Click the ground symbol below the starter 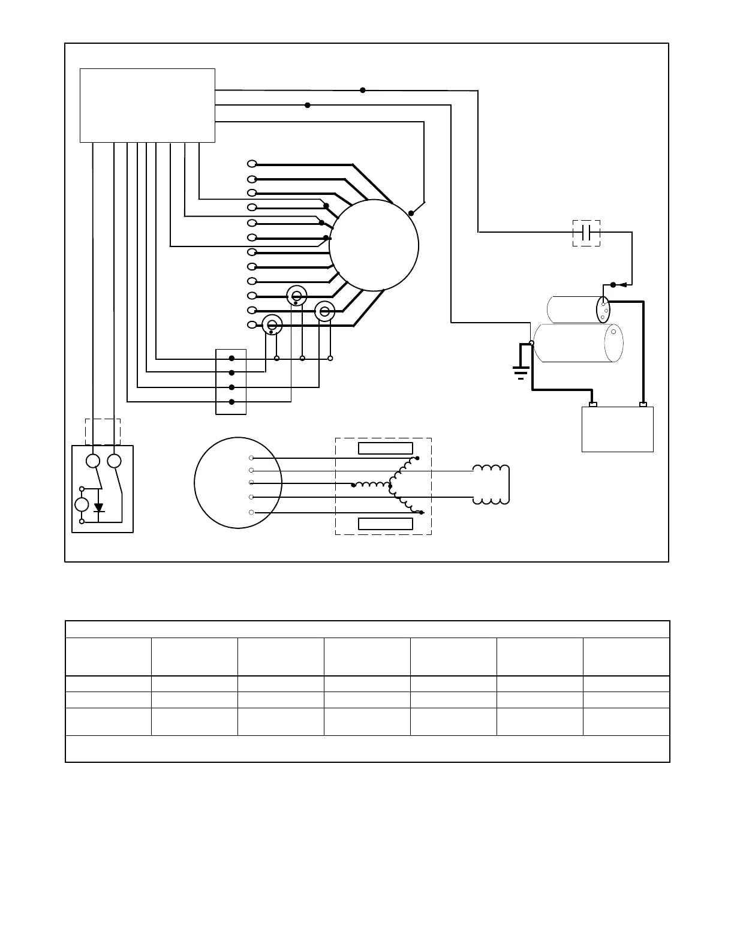(521, 373)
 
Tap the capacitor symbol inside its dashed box (586, 233)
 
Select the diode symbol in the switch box (99, 507)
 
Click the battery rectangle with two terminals (617, 429)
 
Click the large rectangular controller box (148, 106)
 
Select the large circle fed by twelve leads (374, 245)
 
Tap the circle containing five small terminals (237, 483)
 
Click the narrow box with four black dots (231, 381)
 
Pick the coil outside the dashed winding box (491, 485)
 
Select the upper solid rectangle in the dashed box (385, 449)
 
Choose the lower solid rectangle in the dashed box (385, 524)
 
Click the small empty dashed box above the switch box (103, 432)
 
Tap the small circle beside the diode (82, 504)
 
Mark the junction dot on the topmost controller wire (363, 90)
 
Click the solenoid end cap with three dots (603, 310)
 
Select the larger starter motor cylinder (578, 343)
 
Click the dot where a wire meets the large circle (411, 213)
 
